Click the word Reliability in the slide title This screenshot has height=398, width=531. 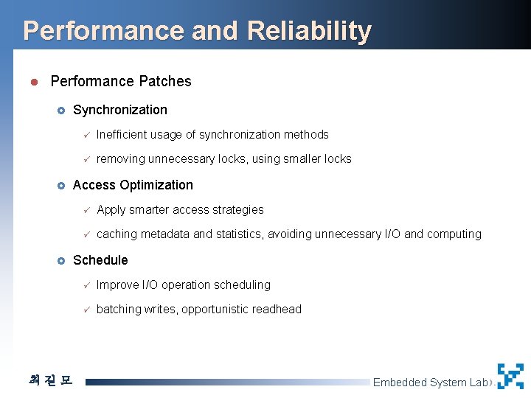coord(310,31)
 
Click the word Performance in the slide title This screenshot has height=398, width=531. coord(103,31)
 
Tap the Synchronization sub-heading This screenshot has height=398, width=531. coord(119,110)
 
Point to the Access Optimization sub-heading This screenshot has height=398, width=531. coord(133,185)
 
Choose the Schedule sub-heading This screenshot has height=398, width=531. coord(100,260)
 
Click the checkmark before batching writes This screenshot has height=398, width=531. coord(86,310)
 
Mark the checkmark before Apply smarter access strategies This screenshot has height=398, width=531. coord(86,210)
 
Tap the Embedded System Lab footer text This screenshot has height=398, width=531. coord(431,382)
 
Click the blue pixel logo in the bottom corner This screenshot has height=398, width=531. coord(510,376)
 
